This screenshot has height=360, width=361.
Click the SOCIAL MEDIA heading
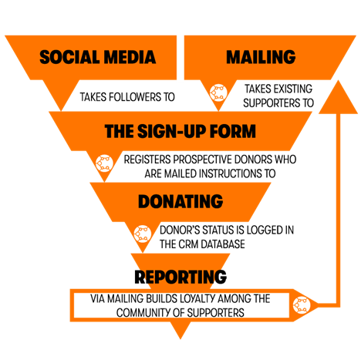point(98,57)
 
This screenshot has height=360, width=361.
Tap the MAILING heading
point(261,57)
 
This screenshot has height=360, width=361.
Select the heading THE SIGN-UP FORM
point(180,131)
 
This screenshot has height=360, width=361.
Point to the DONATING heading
point(180,201)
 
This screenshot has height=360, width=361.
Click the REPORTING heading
point(180,277)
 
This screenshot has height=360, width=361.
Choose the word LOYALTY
point(197,298)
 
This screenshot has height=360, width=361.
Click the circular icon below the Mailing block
point(218,93)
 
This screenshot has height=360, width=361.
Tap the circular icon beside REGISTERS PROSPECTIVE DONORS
point(104,163)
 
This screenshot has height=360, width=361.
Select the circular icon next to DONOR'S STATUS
point(143,234)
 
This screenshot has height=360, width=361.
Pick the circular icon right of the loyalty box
point(302,305)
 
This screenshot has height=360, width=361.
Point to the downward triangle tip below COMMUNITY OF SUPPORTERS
point(180,338)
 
